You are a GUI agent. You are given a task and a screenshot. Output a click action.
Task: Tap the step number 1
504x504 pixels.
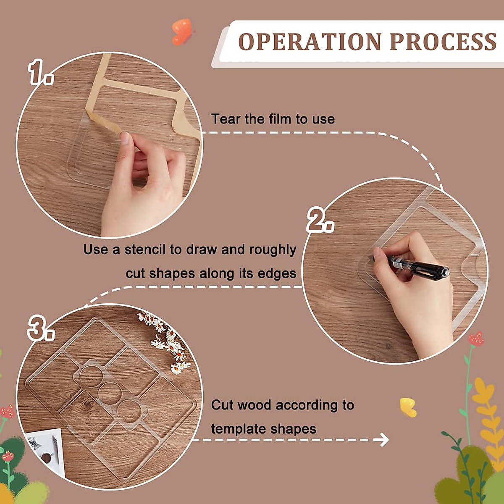pos(40,72)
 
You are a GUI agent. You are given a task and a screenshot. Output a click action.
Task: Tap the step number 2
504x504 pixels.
pos(320,220)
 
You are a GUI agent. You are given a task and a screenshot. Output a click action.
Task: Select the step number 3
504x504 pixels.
pos(40,328)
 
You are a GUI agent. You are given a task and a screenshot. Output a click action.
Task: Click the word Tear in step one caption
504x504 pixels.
pos(226,119)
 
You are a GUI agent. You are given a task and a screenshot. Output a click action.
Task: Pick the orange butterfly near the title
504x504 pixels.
pos(182,31)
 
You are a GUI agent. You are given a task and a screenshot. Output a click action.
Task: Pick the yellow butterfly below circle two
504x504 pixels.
pos(408,407)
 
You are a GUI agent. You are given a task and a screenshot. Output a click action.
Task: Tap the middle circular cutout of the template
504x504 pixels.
pos(110,392)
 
